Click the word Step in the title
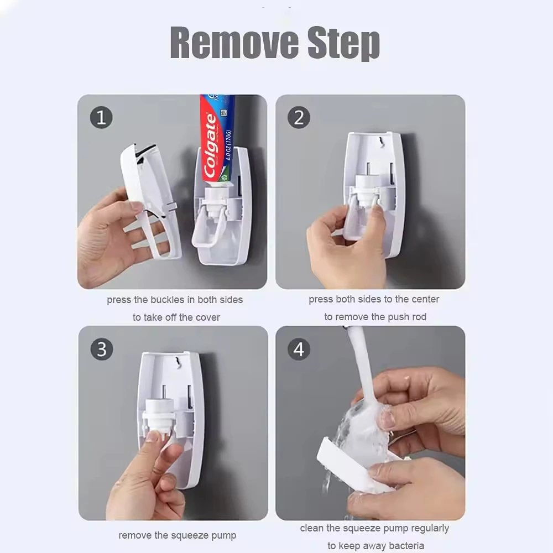343,43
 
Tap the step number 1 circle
101,117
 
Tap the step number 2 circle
299,117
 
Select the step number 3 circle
101,349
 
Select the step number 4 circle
299,349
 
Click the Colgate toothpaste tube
217,138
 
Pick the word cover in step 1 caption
207,317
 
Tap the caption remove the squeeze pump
177,535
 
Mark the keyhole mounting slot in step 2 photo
380,145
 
